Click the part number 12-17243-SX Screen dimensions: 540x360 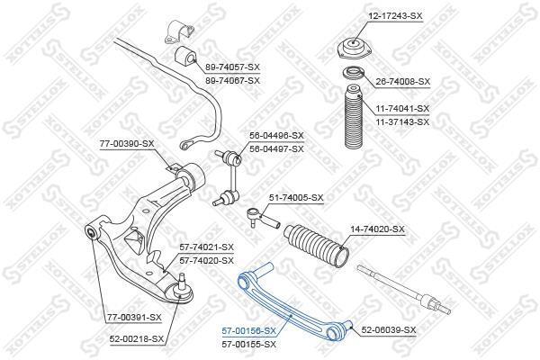[391, 15]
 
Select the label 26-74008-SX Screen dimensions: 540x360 [402, 82]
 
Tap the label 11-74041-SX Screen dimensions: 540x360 [402, 109]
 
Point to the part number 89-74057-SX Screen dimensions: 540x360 [233, 67]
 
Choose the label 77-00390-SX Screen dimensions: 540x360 [127, 144]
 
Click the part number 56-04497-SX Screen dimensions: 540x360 [277, 149]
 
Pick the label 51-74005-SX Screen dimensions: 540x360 [296, 198]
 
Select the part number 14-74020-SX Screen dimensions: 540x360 [377, 229]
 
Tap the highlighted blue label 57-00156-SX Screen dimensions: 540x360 [249, 331]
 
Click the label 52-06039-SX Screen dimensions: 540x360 [389, 330]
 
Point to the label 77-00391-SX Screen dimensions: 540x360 [134, 318]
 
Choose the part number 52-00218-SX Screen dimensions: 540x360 [137, 339]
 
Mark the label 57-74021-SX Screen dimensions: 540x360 [207, 247]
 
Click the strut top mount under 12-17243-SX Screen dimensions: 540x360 [354, 49]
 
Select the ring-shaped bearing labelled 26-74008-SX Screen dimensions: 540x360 [354, 73]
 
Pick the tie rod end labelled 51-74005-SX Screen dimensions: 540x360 [264, 219]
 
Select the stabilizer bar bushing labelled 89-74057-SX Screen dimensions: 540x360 [185, 56]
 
